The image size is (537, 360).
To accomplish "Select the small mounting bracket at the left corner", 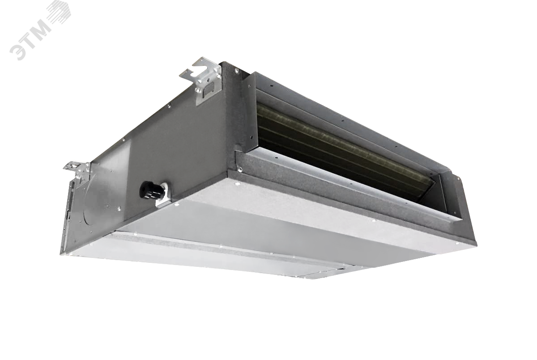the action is coord(78,170).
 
